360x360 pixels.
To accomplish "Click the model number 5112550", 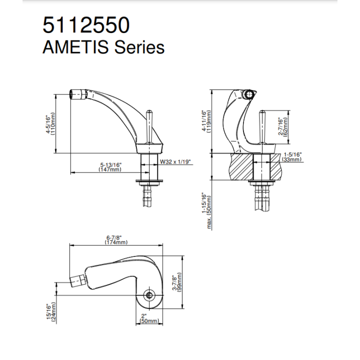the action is coord(86,25).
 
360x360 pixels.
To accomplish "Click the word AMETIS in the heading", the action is coord(75,47).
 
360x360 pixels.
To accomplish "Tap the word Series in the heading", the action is coord(139,47).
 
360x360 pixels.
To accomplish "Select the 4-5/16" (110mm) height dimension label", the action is coord(50,124).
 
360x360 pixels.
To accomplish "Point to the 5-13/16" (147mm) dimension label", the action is coord(110,167).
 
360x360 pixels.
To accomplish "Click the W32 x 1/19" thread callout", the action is coord(175,162).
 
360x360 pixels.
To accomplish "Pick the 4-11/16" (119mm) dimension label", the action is coord(206,121).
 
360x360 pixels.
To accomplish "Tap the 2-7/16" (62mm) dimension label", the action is coord(283,126).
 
